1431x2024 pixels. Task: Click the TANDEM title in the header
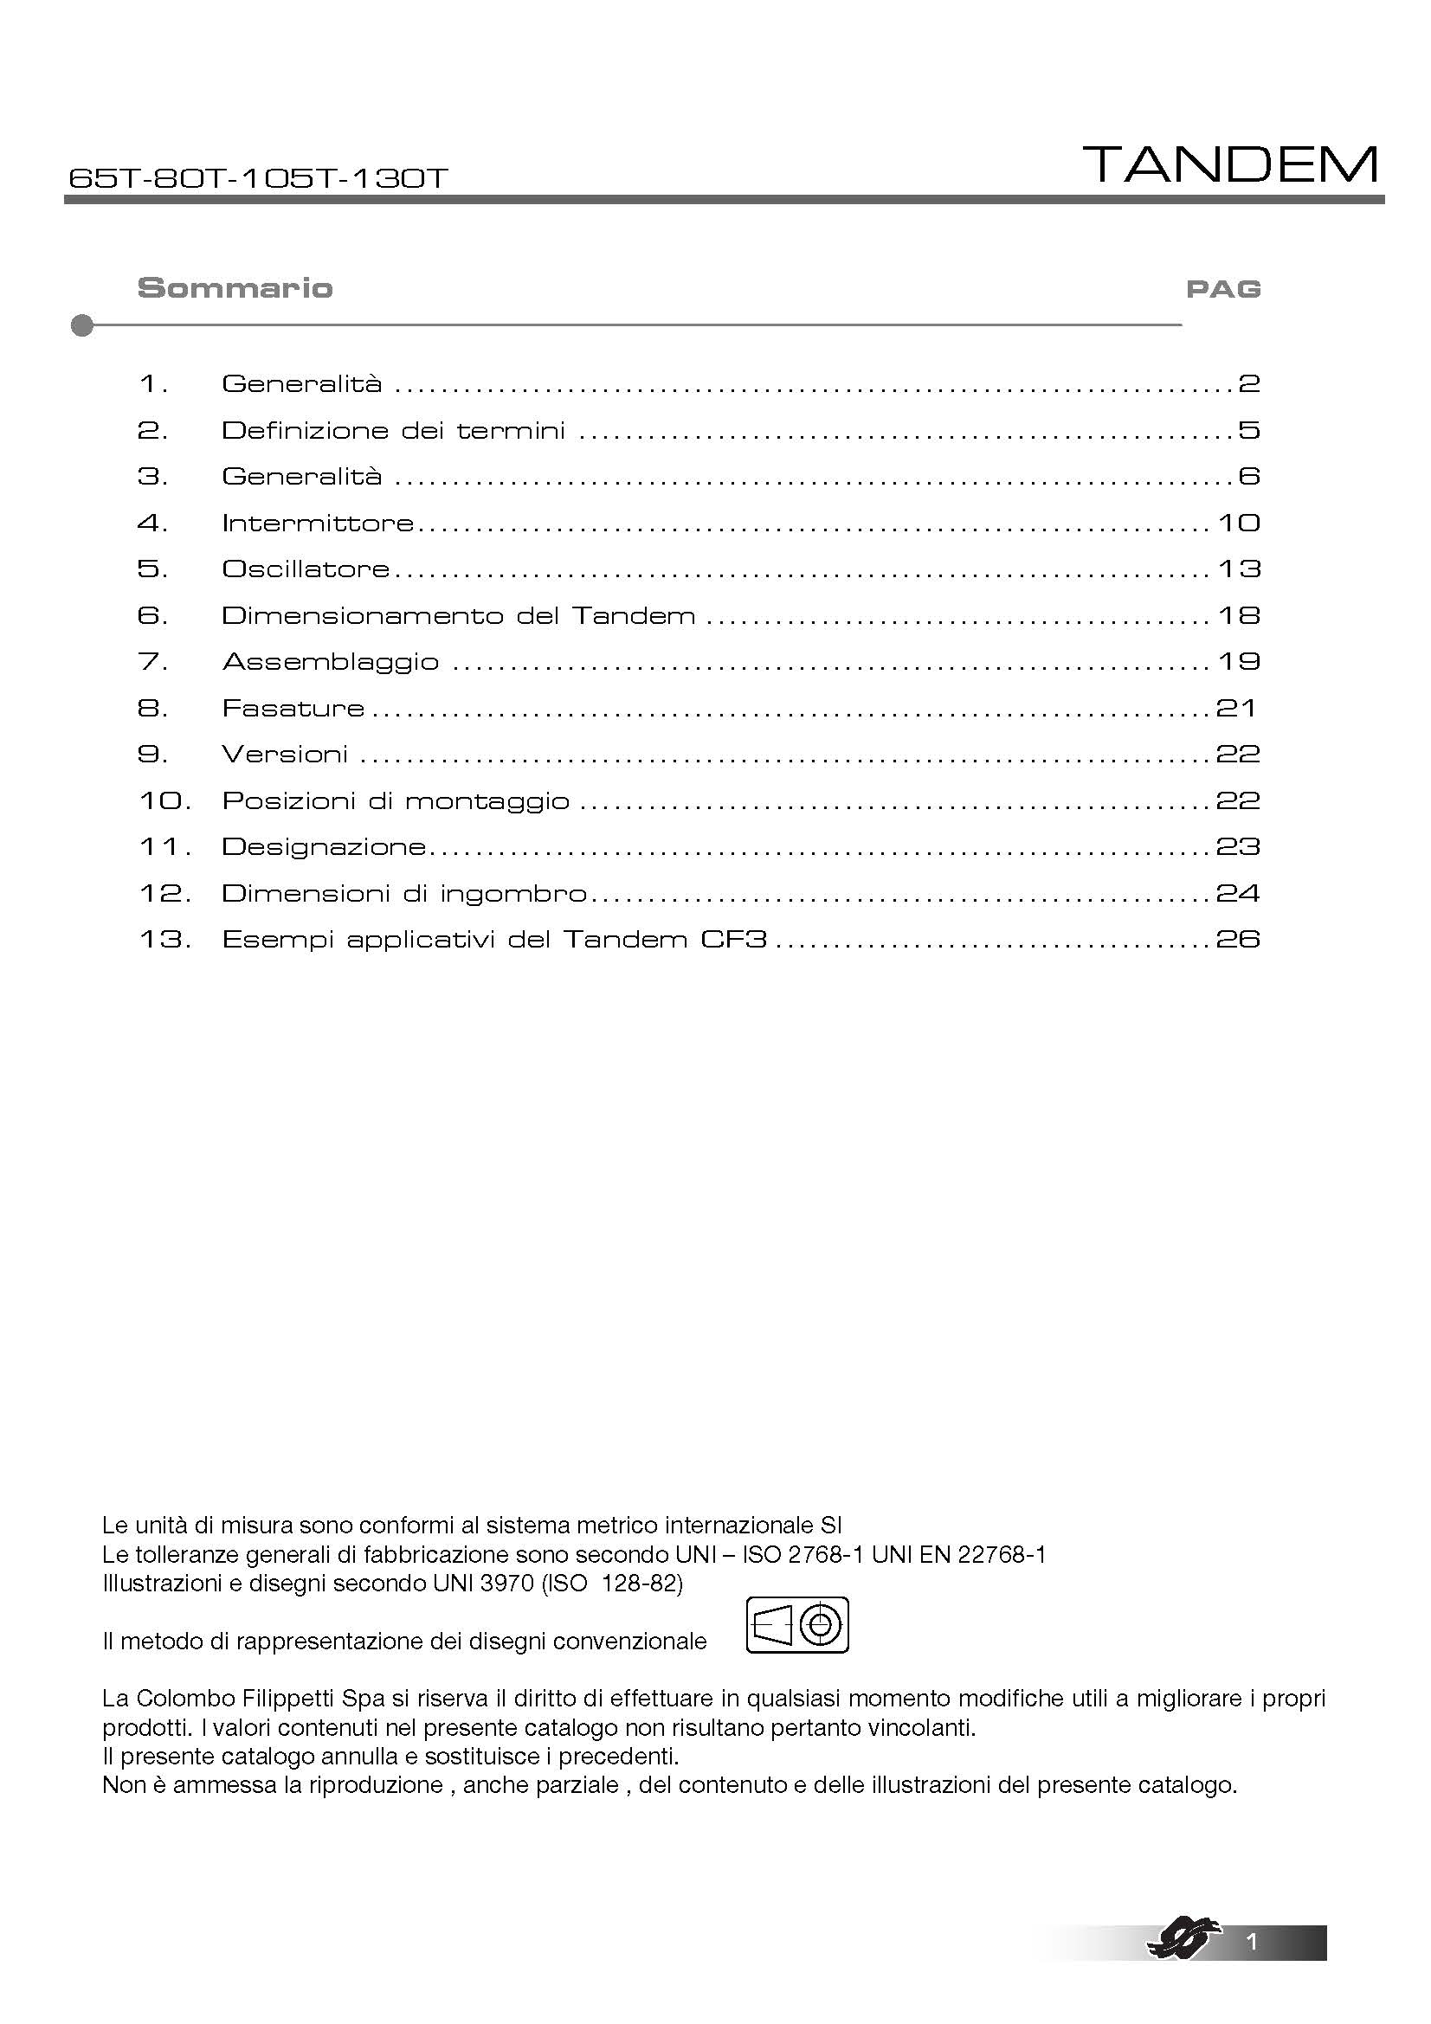pos(1231,165)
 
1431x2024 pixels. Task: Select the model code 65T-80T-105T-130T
pos(257,179)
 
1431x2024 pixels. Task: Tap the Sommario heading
pos(235,288)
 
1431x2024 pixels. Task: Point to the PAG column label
pos(1223,289)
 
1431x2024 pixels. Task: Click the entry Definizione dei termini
pos(393,431)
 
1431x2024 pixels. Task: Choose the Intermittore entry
pos(318,524)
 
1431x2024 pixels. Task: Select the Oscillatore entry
pos(305,569)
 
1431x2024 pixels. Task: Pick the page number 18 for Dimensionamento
pos(1239,615)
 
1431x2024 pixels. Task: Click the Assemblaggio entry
pos(331,662)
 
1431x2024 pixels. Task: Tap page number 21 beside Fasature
pos(1235,708)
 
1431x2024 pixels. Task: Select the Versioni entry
pos(285,755)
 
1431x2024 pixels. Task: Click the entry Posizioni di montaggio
pos(395,801)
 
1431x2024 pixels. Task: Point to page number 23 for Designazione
pos(1238,847)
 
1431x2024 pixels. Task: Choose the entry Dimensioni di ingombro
pos(403,894)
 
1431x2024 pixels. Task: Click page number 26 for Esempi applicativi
pos(1238,940)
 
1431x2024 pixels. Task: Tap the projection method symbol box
pos(797,1625)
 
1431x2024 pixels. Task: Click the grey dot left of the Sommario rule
pos(82,326)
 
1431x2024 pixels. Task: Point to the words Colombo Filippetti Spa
pos(236,1699)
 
